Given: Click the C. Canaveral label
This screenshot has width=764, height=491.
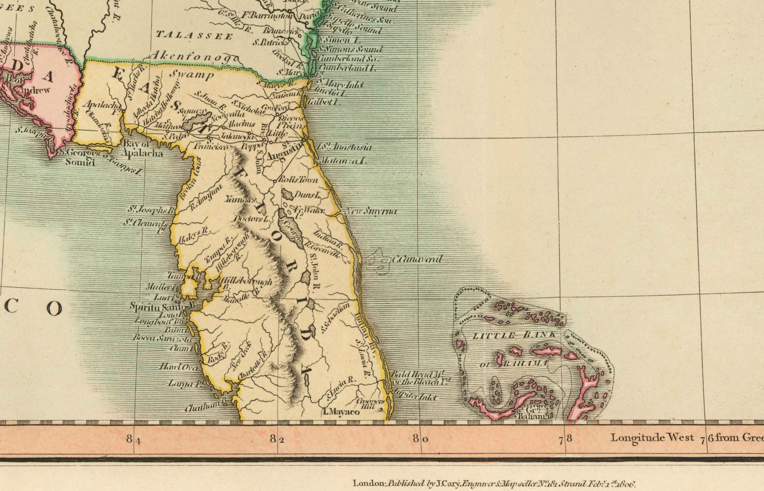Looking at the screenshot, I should (x=416, y=259).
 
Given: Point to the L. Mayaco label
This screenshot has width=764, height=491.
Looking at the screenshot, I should (x=341, y=412).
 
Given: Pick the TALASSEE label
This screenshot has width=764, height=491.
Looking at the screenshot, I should (x=194, y=35).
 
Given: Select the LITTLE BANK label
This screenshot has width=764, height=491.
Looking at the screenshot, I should (x=515, y=335).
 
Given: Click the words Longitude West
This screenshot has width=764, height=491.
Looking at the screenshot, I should (x=652, y=437).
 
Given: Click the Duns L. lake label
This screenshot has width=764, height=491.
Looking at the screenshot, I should (x=307, y=195).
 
